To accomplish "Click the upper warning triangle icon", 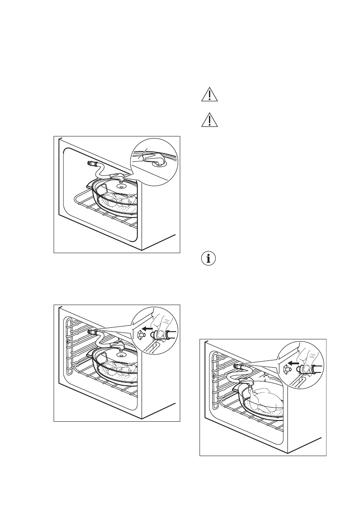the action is click(x=209, y=95).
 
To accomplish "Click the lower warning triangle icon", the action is click(x=209, y=121).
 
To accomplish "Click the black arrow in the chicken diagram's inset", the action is click(x=294, y=362).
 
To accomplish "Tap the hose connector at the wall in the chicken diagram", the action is click(x=236, y=366).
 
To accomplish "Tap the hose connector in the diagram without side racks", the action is click(x=91, y=163).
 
